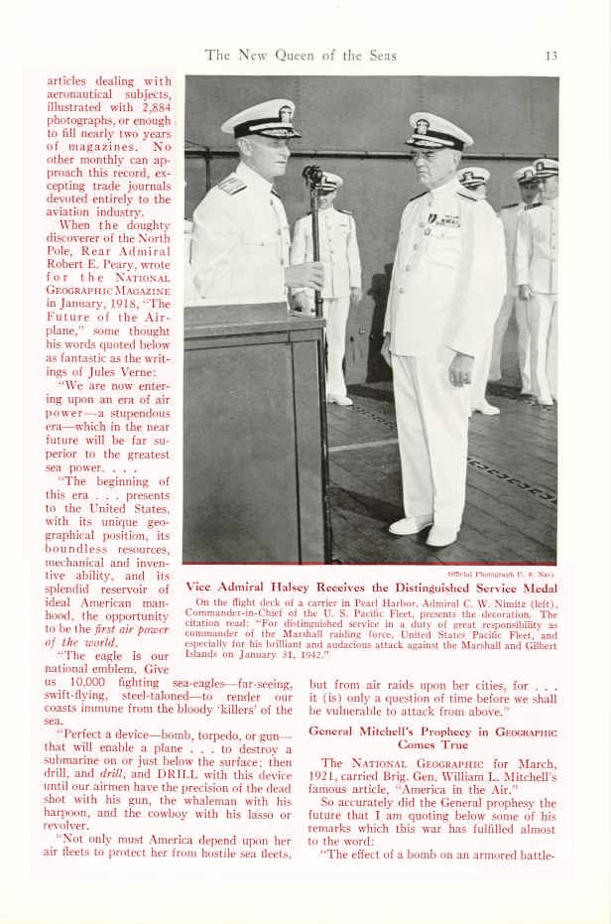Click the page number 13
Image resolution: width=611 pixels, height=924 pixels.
tap(551, 56)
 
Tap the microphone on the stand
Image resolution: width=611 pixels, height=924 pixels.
tap(313, 179)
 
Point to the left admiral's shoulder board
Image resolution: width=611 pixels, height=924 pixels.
tap(231, 184)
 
